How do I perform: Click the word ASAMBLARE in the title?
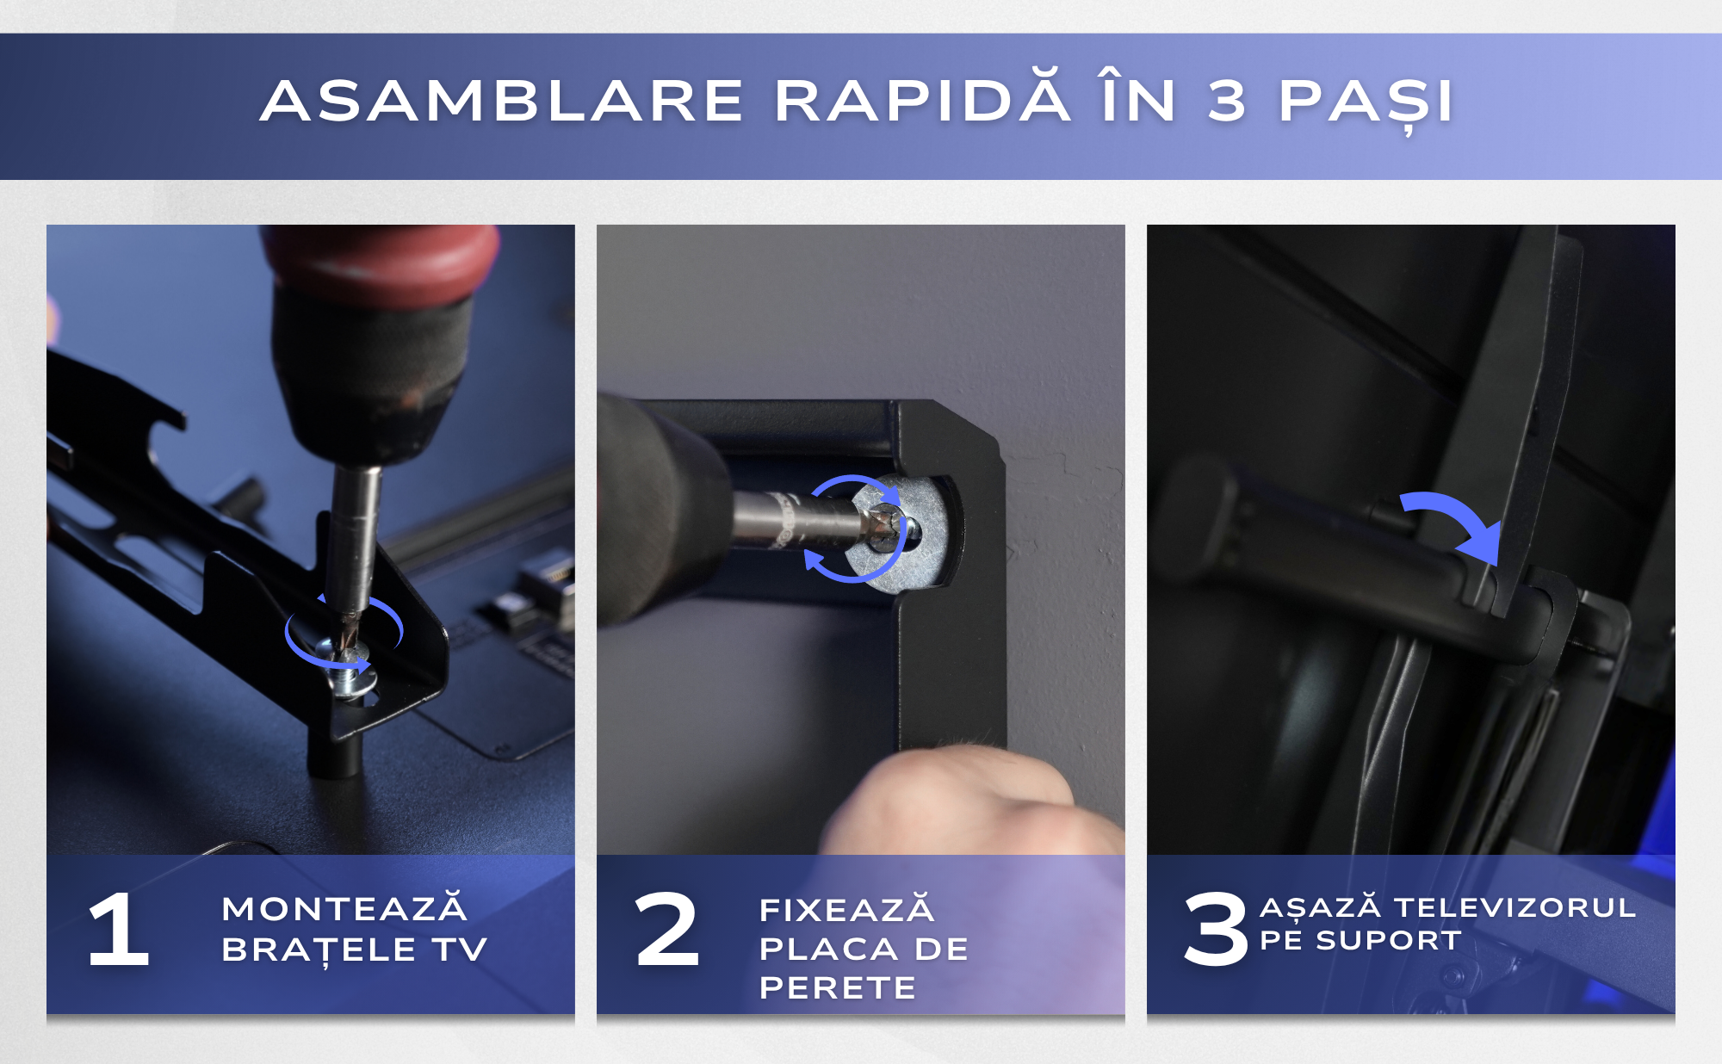502,101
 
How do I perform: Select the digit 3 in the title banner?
1227,101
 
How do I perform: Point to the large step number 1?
120,929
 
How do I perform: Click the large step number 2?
666,929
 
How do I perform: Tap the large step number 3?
1216,929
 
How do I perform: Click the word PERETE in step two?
838,987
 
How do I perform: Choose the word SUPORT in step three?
1389,940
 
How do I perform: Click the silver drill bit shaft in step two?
809,521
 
